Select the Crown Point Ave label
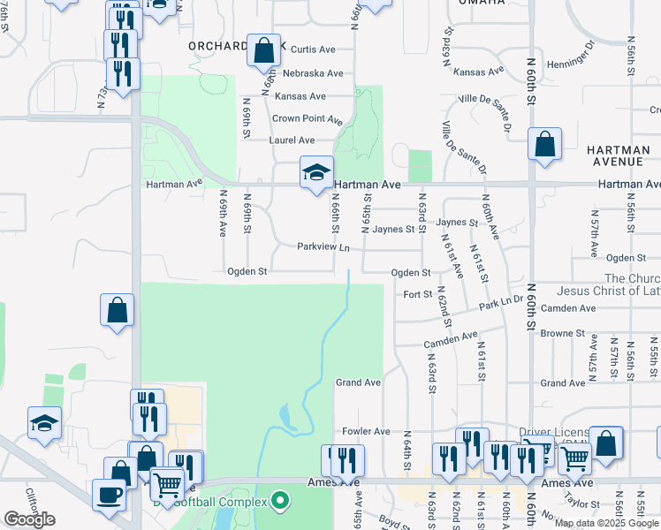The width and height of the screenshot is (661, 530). coord(307,118)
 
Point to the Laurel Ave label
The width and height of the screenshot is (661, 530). coord(293,140)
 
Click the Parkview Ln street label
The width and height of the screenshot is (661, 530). coord(323,247)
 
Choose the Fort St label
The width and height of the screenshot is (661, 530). coord(417,294)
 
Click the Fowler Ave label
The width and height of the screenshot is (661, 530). coord(366,431)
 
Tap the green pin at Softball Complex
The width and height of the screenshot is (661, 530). coord(281,502)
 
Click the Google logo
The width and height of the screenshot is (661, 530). coord(29,519)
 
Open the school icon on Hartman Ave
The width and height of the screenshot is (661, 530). coord(315,172)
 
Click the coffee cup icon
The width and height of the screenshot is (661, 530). coord(109,495)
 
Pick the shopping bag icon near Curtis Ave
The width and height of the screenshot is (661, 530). coord(263,50)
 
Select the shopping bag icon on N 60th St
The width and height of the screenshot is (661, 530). coord(544,144)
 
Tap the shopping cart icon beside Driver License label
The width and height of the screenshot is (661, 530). coord(574,458)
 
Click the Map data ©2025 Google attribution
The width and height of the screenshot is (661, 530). coord(607,523)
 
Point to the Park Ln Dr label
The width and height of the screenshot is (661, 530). coord(501,304)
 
